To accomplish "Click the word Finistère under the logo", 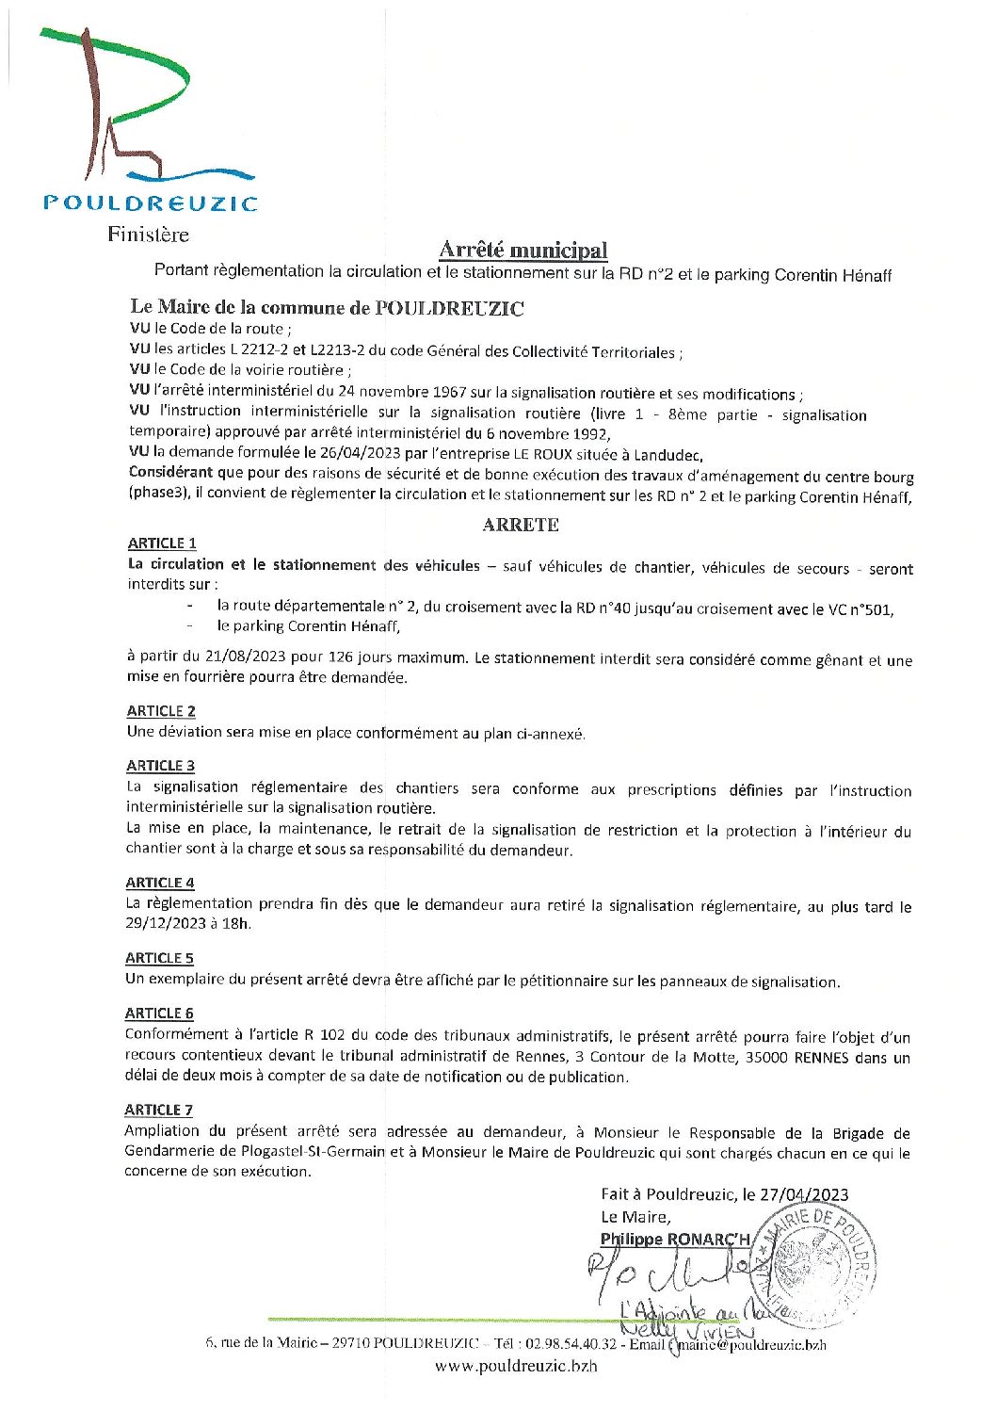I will tap(148, 235).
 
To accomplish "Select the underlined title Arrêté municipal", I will tap(523, 251).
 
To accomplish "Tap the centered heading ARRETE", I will tap(521, 525).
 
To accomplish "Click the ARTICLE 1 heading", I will tap(162, 543).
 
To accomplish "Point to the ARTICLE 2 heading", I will tap(161, 711).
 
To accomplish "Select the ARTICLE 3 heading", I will tap(161, 766).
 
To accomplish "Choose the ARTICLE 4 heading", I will tap(160, 883).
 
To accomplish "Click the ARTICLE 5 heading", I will tap(159, 958).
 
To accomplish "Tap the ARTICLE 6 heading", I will tap(159, 1014).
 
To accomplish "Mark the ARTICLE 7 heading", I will tap(158, 1111).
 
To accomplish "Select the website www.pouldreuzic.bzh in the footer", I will tap(515, 1367).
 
